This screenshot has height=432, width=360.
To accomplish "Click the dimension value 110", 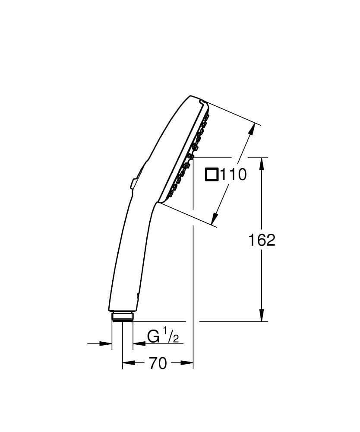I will tap(234, 175).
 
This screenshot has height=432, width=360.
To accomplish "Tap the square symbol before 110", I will tap(212, 175).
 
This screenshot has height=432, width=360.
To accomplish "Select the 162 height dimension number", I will tap(262, 240).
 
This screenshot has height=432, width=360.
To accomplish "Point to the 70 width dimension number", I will tap(158, 364).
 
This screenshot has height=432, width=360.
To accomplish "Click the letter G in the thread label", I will tap(153, 336).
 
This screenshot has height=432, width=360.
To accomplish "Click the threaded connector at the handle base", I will tap(123, 317).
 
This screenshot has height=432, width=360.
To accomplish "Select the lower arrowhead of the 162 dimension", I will tap(262, 316).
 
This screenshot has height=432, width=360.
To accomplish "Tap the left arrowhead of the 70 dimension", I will tap(127, 364).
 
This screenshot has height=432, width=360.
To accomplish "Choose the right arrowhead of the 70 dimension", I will tap(188, 364).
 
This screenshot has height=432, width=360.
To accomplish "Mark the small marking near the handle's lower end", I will tap(138, 295).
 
